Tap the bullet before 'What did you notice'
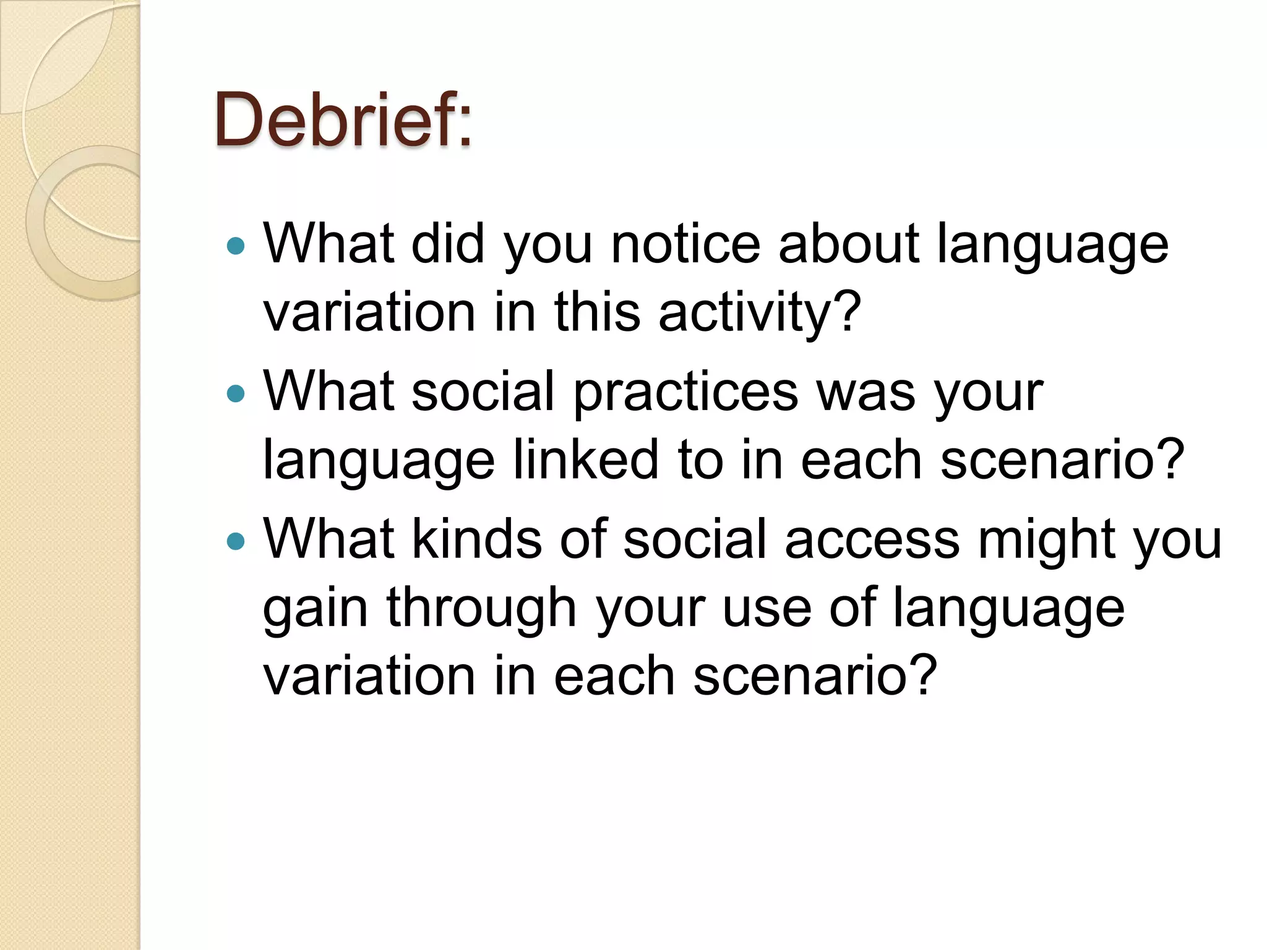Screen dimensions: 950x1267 236,247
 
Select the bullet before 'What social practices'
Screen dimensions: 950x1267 236,394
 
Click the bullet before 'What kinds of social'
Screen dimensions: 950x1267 236,542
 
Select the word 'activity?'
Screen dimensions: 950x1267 759,312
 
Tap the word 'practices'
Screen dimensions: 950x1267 685,393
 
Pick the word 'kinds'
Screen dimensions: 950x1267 476,539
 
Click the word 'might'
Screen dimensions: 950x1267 1047,541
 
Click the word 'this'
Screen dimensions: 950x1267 596,312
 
